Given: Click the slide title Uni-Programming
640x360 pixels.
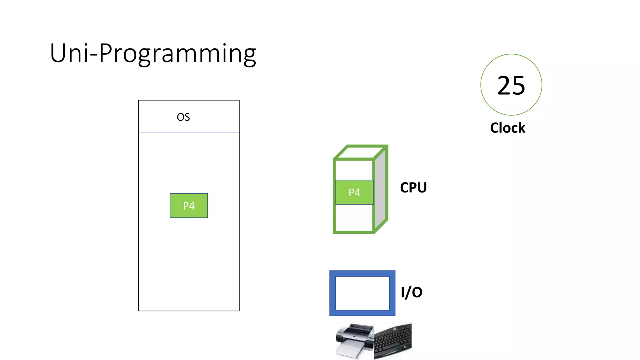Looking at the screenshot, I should (x=153, y=53).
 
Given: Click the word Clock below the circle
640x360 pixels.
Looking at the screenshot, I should (x=507, y=128).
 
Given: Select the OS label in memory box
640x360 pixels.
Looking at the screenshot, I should (x=183, y=117).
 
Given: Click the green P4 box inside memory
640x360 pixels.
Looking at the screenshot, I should (x=189, y=206).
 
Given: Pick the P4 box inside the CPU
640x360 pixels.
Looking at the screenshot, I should (x=354, y=192).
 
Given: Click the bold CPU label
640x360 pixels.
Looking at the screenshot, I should (x=413, y=187).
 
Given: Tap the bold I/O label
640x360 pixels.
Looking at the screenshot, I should (x=411, y=292).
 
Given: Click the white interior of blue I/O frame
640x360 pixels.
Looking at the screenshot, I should (x=362, y=293).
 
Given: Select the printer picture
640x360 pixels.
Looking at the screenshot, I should (x=354, y=341).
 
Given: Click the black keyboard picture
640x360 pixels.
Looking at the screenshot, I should (x=393, y=341).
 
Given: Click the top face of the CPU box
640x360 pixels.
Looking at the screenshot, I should (x=361, y=152).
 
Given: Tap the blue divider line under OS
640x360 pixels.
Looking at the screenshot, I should (x=189, y=132).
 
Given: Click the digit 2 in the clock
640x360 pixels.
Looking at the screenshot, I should (x=503, y=85).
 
